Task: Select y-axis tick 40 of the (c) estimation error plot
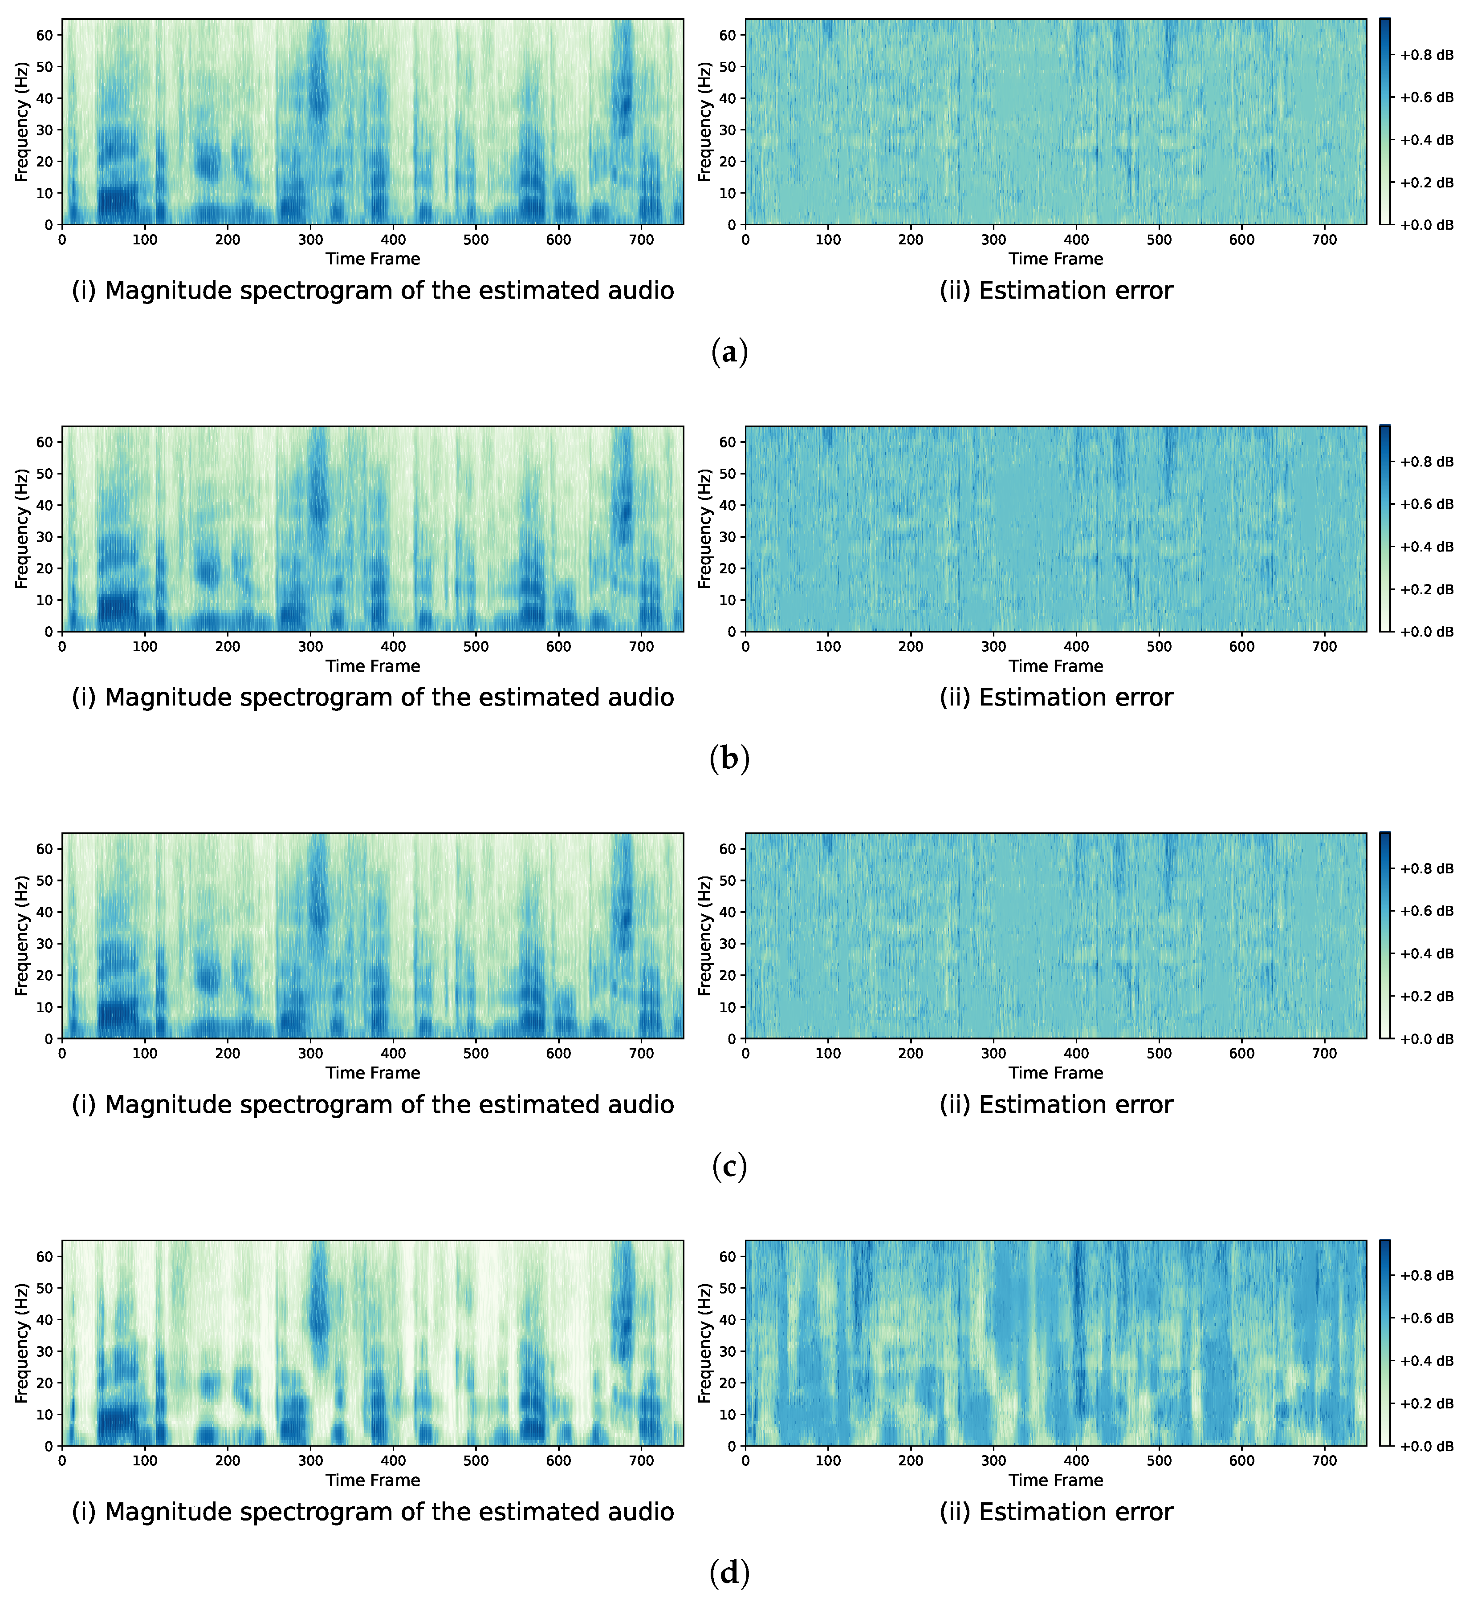(x=728, y=912)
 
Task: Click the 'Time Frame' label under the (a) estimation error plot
(x=1055, y=259)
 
